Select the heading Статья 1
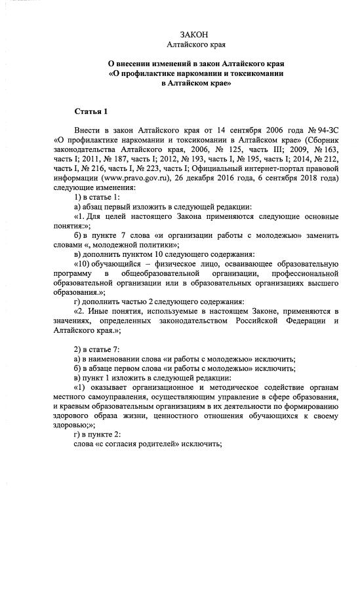click(x=90, y=111)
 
